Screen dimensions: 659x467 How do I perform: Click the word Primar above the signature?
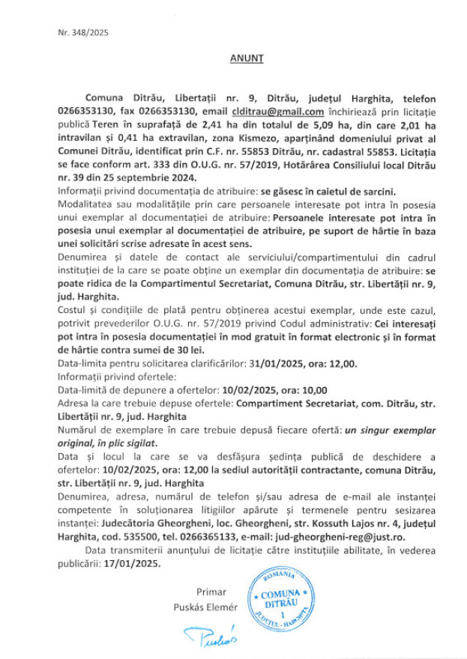pyautogui.click(x=211, y=592)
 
